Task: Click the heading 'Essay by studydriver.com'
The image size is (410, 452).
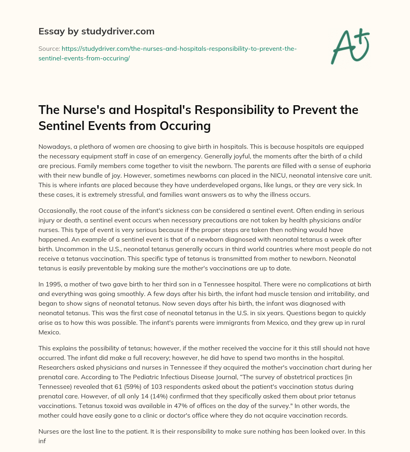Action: (96, 31)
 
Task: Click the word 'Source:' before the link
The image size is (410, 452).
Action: (49, 48)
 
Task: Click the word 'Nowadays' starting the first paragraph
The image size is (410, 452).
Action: (52, 147)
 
